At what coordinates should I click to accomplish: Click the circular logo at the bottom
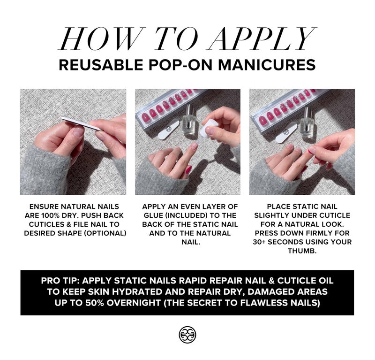[187, 334]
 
